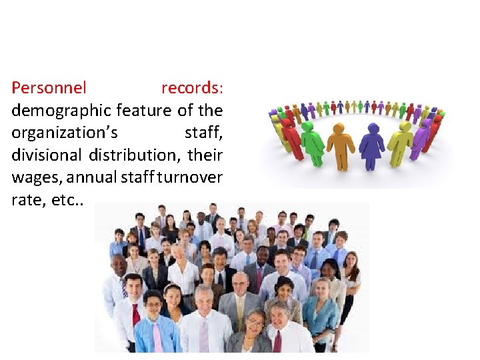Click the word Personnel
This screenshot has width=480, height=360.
(49, 88)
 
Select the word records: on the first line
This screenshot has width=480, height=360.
(192, 88)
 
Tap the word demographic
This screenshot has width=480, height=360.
(61, 110)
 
